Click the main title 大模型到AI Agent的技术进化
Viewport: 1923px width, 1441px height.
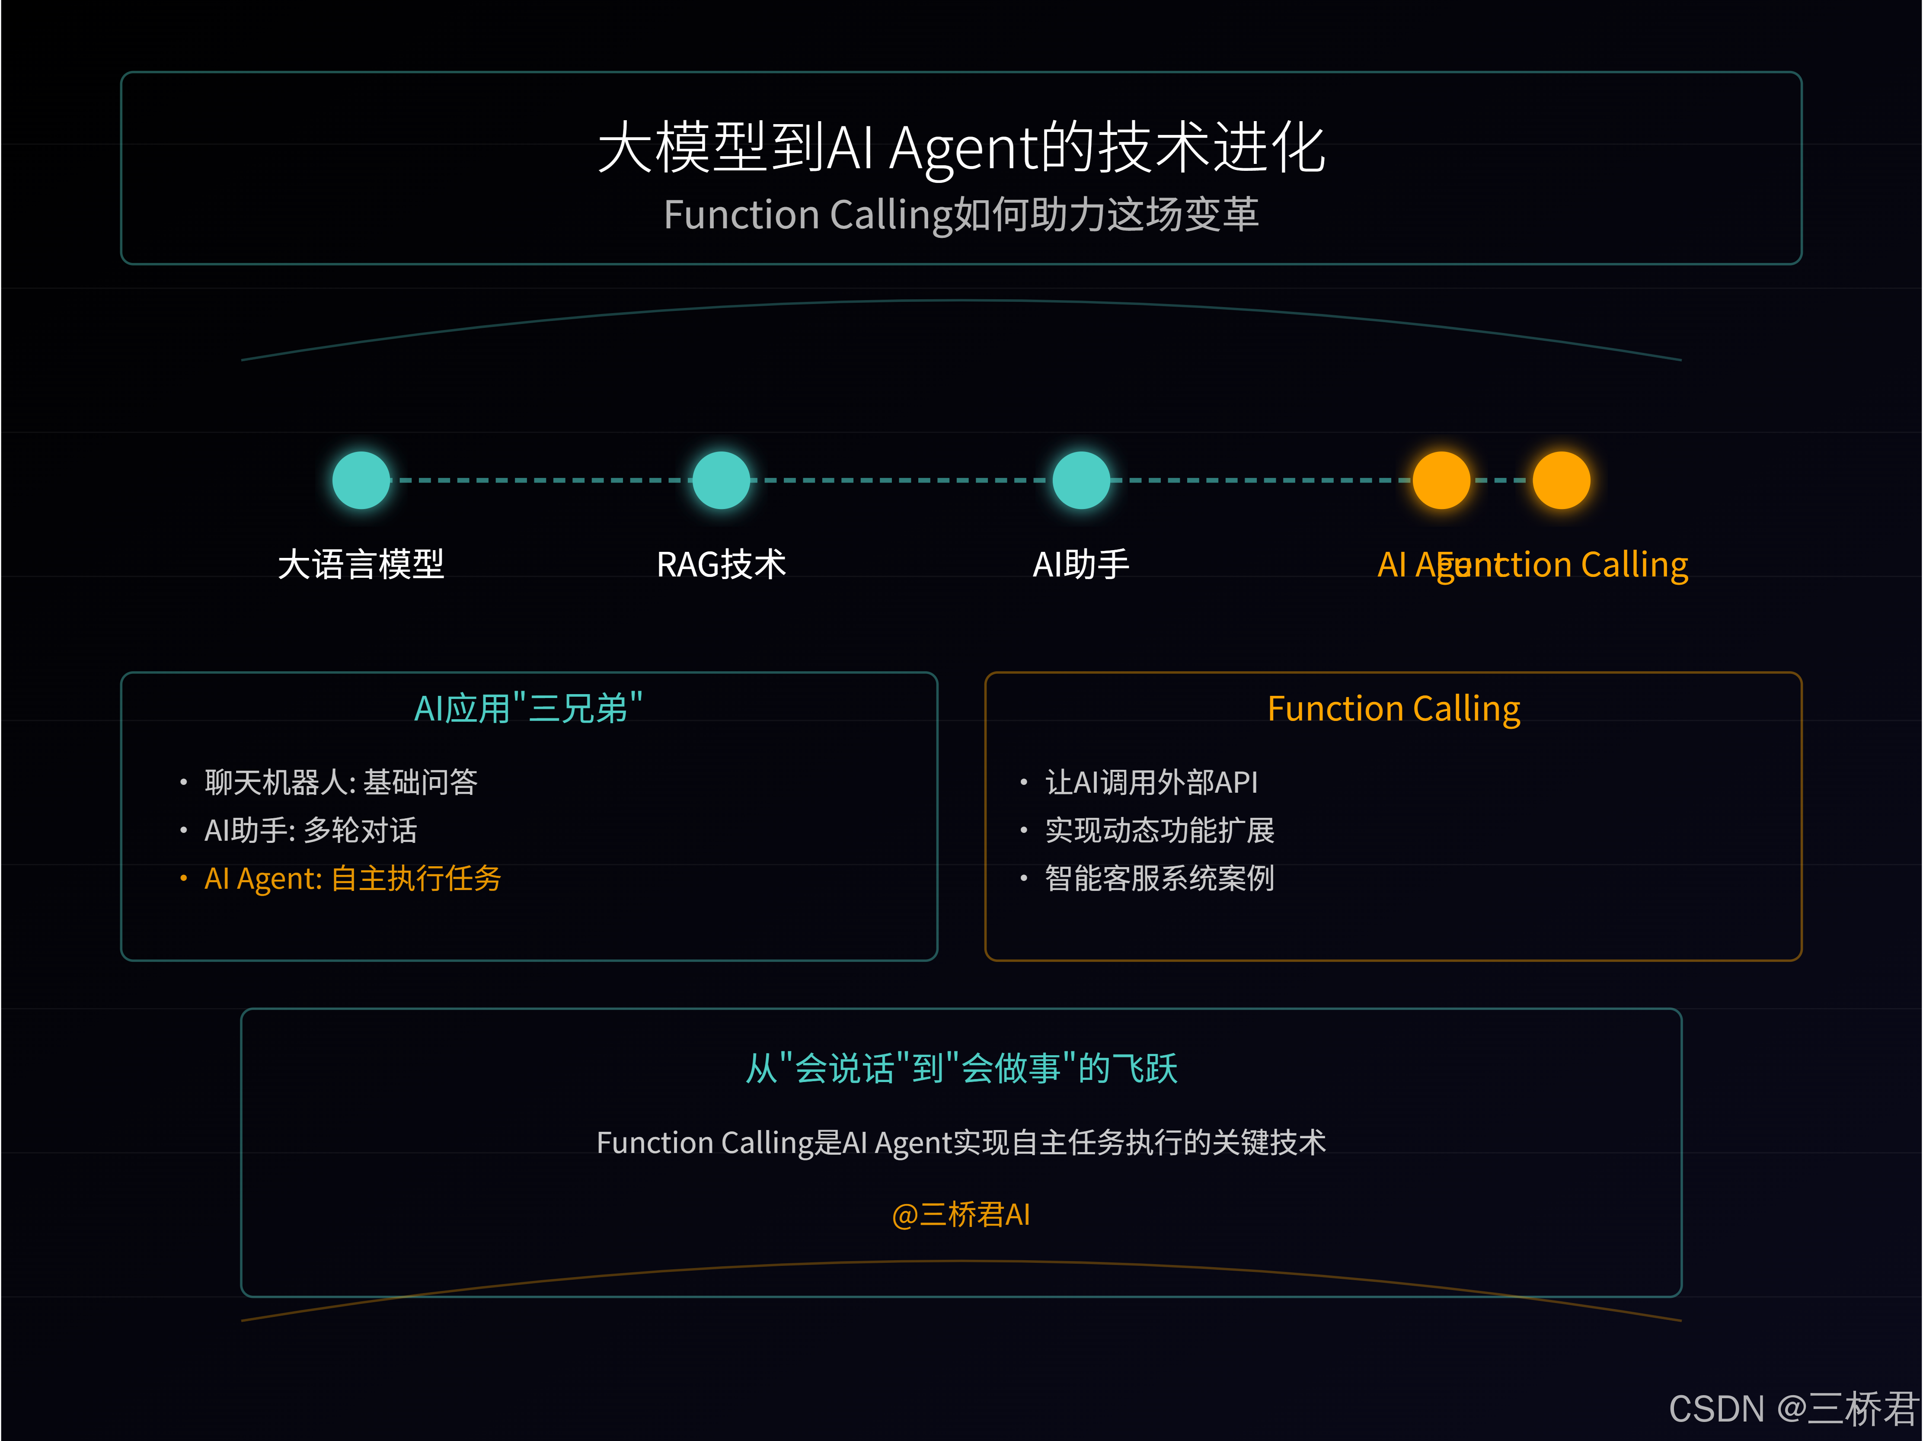point(961,148)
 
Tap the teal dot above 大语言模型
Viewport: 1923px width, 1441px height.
point(361,480)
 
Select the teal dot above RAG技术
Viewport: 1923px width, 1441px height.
point(721,480)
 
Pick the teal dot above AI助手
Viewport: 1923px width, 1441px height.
point(1080,480)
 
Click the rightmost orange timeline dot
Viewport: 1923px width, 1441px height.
point(1561,480)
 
